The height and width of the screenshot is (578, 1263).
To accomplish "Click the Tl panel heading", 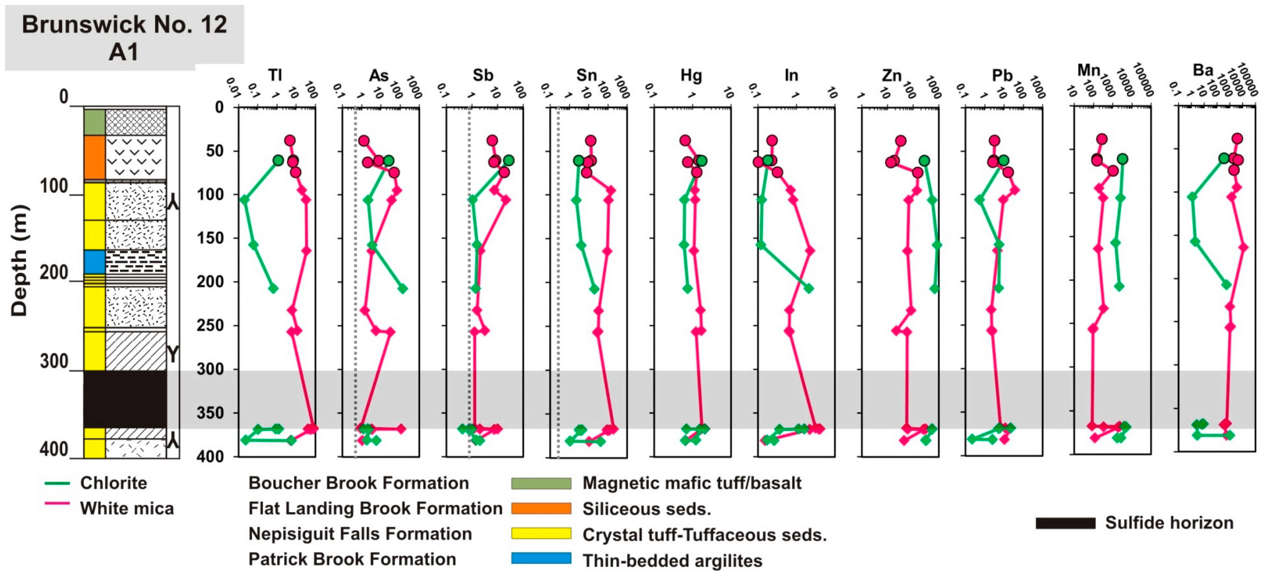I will coord(275,75).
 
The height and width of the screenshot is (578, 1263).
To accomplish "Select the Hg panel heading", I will coord(691,75).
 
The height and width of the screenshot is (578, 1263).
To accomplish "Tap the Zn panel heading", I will coord(891,75).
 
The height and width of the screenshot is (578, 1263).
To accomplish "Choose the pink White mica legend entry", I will coord(109,508).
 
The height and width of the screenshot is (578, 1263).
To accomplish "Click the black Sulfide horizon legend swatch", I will coord(1065,523).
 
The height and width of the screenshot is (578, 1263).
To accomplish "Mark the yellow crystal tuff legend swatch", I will coord(541,533).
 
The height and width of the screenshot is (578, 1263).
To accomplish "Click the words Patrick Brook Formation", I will coord(352,559).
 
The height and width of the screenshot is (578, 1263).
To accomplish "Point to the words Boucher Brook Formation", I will coord(358,483).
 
